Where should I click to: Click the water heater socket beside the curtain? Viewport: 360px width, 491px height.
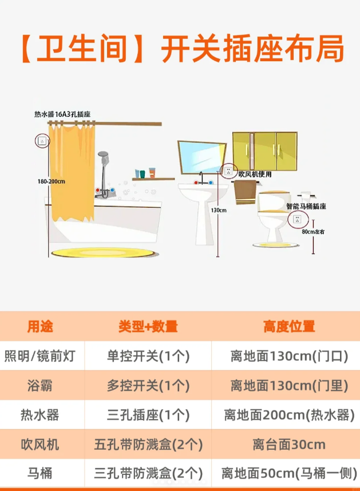[42, 141]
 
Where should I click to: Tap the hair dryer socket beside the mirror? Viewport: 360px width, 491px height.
[228, 171]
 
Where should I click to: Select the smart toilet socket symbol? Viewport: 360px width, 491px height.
[298, 219]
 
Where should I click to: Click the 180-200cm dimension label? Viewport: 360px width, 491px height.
[52, 181]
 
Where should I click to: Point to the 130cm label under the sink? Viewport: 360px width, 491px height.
[219, 210]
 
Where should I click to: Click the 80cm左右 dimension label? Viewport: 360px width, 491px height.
[313, 232]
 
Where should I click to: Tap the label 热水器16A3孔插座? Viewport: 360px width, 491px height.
[62, 114]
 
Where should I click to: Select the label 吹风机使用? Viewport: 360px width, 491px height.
[255, 175]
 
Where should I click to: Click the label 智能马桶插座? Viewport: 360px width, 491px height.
[306, 206]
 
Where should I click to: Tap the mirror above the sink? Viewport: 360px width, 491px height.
[201, 157]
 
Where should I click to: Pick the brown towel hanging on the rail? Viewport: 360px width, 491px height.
[245, 192]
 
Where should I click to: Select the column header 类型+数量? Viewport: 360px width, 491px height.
[148, 326]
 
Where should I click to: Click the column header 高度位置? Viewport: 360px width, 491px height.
[289, 326]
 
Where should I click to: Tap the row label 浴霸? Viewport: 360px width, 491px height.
[39, 386]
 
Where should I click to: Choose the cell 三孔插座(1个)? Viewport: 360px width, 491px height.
[148, 415]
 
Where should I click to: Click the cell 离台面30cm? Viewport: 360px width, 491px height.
[289, 444]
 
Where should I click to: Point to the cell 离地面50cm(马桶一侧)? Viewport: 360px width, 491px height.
[289, 473]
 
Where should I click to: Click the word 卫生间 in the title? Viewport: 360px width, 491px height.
[82, 49]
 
